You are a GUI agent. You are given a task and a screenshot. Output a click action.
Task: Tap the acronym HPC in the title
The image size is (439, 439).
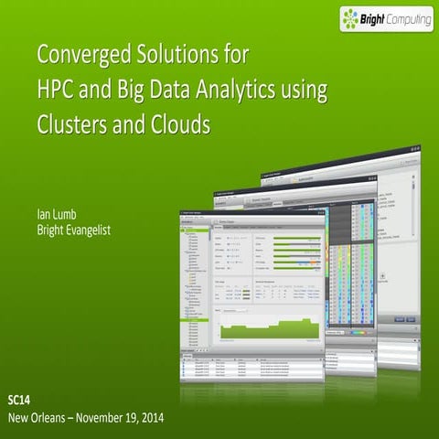click(x=57, y=90)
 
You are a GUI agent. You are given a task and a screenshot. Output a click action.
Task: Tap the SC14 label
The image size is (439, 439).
click(x=18, y=400)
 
